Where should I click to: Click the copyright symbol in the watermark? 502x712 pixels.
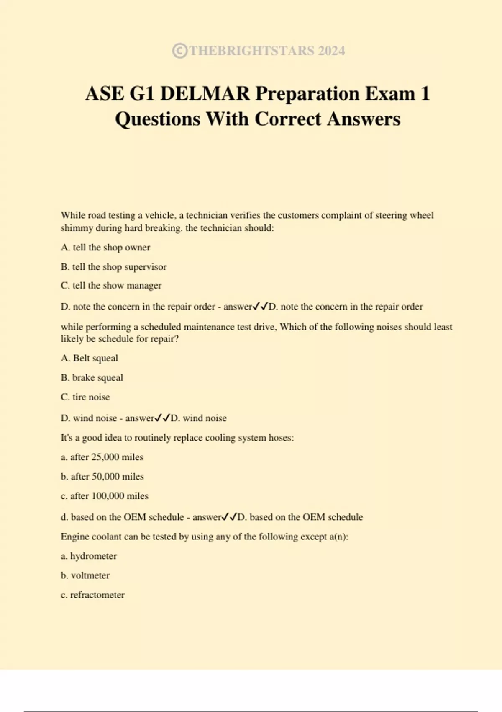[x=179, y=51]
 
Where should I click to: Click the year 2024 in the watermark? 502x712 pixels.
[x=331, y=51]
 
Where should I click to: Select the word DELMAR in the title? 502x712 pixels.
[x=205, y=93]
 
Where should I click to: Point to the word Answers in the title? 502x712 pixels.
[x=364, y=119]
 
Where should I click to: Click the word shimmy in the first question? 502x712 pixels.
[x=77, y=228]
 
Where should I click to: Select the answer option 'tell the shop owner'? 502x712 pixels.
[x=111, y=248]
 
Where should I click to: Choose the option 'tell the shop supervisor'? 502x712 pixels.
[x=119, y=267]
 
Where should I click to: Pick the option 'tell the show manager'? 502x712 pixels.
[x=117, y=286]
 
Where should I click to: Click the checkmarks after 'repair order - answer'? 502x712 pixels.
[x=260, y=307]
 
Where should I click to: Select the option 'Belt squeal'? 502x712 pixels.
[x=95, y=358]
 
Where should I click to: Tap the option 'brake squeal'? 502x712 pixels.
[x=97, y=378]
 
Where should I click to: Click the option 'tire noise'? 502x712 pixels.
[x=91, y=397]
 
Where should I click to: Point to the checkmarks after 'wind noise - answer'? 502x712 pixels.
[x=162, y=418]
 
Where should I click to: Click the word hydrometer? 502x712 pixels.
[x=93, y=556]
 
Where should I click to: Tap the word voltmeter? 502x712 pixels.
[x=90, y=575]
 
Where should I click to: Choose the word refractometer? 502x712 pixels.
[x=97, y=595]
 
